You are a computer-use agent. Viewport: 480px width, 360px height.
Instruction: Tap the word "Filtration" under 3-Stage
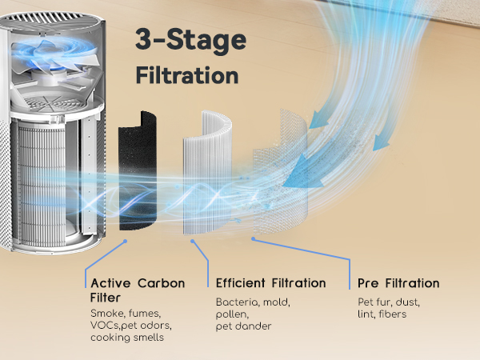point(187,76)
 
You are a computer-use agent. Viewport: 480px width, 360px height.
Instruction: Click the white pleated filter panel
point(210,176)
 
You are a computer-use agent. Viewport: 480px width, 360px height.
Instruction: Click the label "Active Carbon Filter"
point(138,290)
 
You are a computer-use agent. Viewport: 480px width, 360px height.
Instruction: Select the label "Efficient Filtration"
point(270,283)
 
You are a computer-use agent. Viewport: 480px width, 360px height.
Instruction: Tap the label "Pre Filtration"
point(399,283)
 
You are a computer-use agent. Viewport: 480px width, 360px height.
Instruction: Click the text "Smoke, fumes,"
point(126,313)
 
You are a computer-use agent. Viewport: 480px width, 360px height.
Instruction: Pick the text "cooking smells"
point(129,338)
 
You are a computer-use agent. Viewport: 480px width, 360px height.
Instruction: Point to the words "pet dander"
point(243,326)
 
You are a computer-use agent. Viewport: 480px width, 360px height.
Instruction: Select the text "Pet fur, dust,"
point(388,302)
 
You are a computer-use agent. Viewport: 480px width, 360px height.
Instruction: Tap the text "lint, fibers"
point(382,314)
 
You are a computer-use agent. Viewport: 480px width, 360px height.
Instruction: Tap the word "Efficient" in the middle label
point(240,283)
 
